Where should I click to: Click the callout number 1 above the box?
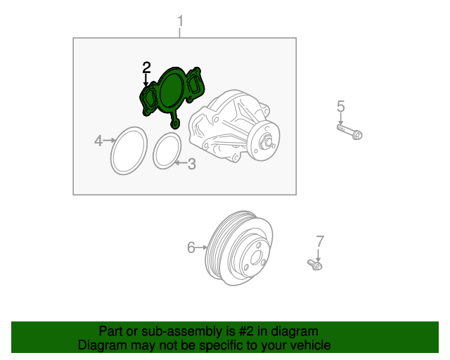pyautogui.click(x=180, y=22)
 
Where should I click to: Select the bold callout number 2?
pyautogui.click(x=147, y=67)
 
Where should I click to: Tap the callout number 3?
pyautogui.click(x=192, y=164)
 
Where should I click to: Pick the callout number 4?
pyautogui.click(x=98, y=141)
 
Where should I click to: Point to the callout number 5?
pyautogui.click(x=340, y=106)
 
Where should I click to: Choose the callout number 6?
pyautogui.click(x=191, y=247)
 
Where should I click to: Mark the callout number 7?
pyautogui.click(x=320, y=241)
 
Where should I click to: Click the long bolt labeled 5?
pyautogui.click(x=349, y=131)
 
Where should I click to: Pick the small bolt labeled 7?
pyautogui.click(x=315, y=264)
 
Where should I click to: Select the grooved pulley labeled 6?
pyautogui.click(x=239, y=248)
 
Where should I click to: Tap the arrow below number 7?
pyautogui.click(x=318, y=255)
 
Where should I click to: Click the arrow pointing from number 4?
pyautogui.click(x=110, y=141)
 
